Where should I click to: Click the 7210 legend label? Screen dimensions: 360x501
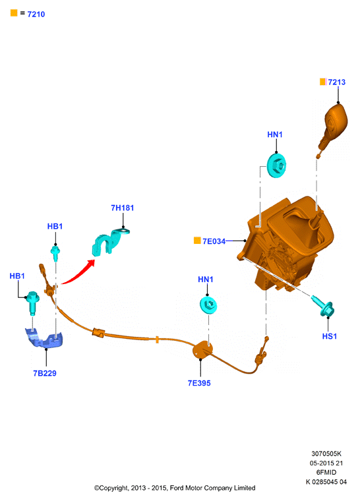point(36,14)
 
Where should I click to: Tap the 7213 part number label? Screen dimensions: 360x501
point(337,82)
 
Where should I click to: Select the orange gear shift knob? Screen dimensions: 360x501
point(334,125)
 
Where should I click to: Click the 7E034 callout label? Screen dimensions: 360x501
point(214,241)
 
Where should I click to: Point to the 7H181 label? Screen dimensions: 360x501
point(122,208)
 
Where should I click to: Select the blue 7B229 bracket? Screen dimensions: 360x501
point(44,338)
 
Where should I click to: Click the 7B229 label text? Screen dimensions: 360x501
point(45,373)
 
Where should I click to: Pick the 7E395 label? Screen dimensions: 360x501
point(199,383)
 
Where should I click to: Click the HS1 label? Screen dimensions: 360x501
point(330,336)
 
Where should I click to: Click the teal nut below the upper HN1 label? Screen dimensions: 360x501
point(276,165)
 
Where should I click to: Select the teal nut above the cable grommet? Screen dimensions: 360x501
point(208,305)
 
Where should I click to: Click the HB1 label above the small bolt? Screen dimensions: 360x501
point(55,226)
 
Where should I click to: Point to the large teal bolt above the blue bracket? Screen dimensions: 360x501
point(32,301)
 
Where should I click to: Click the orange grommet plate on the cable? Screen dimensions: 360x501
point(202,351)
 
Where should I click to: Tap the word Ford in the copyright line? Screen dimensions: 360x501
point(177,488)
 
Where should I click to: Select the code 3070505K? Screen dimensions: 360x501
point(326,454)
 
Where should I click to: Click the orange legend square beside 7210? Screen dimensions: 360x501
point(14,13)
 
